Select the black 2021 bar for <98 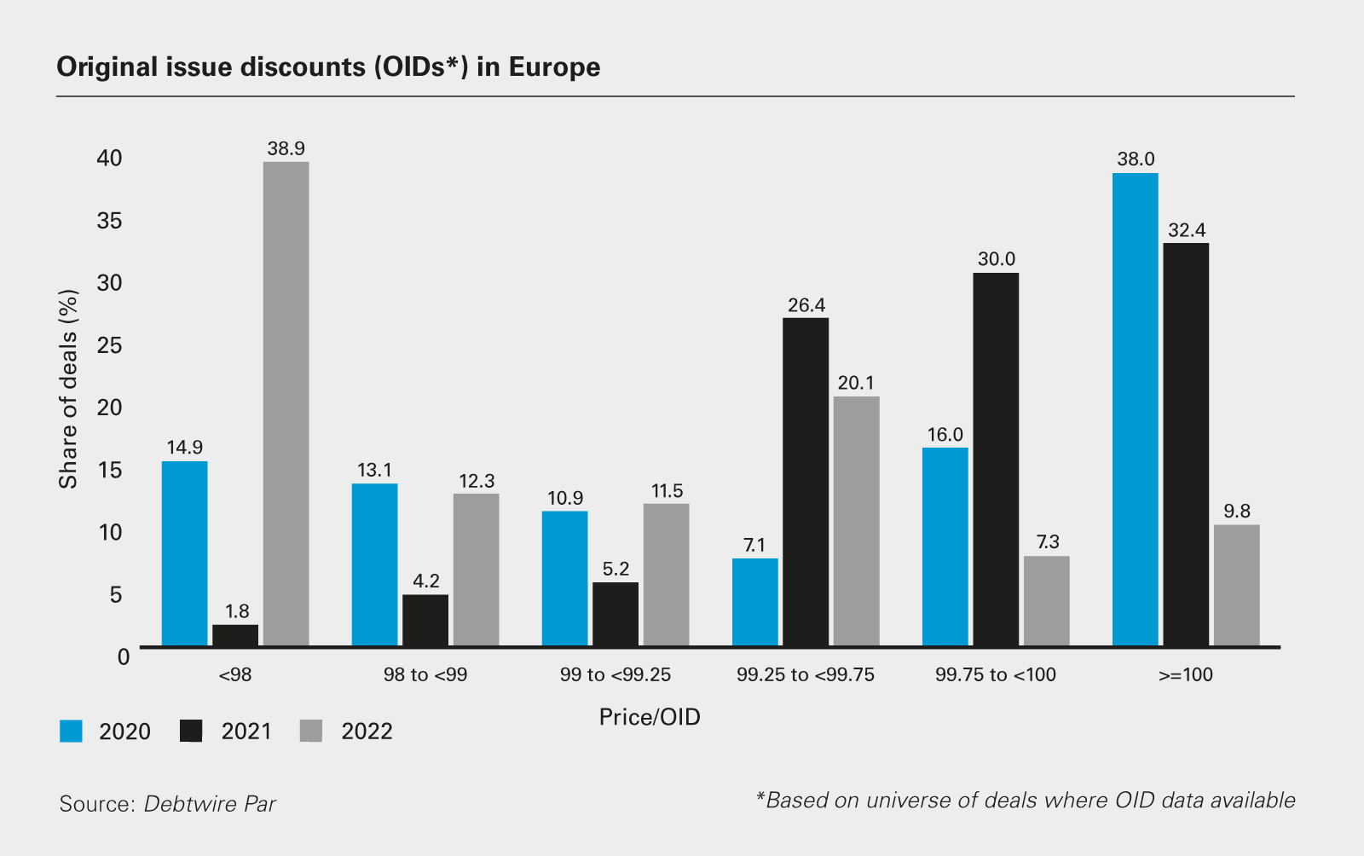235,635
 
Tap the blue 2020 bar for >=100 1135,409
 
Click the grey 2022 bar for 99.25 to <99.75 856,521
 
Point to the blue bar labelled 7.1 754,602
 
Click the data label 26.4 806,305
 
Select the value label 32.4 1187,230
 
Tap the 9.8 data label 1237,512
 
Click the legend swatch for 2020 71,732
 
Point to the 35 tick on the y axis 110,221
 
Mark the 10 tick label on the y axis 110,533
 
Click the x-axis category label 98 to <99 425,675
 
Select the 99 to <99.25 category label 616,675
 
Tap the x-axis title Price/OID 650,717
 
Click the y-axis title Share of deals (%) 68,389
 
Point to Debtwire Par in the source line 210,804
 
